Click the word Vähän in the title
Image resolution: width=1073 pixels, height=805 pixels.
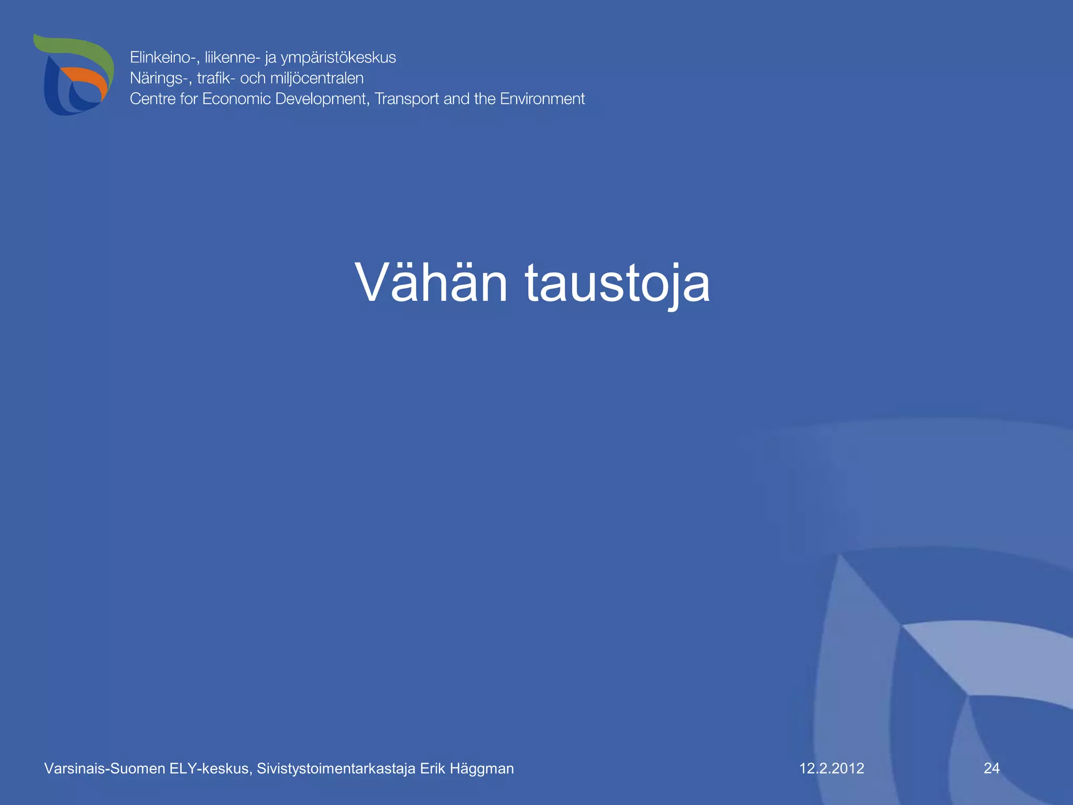[431, 283]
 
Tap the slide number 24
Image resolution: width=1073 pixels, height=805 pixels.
[991, 768]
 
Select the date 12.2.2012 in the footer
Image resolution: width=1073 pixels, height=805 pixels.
[831, 768]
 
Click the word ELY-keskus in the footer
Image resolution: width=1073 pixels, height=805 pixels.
[211, 769]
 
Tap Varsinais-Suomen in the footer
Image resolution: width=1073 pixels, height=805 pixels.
[104, 769]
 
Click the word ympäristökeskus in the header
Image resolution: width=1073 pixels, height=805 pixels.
[338, 58]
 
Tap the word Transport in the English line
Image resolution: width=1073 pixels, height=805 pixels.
[407, 99]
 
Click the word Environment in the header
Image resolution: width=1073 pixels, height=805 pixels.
[542, 99]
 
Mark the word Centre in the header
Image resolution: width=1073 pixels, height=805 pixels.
[152, 99]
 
